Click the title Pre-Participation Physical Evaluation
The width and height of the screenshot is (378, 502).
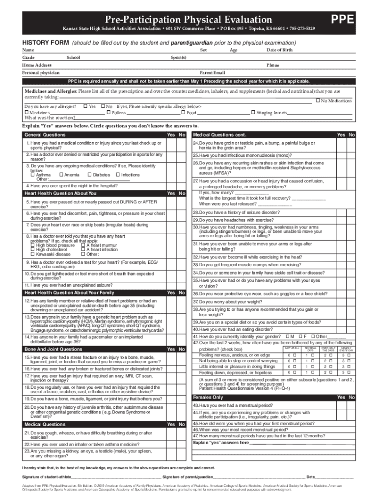point(192,20)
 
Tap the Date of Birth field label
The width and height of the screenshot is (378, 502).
point(279,50)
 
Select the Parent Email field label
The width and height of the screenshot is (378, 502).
point(213,73)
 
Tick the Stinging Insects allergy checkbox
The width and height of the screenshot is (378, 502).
point(253,113)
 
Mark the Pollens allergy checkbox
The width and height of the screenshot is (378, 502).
point(109,113)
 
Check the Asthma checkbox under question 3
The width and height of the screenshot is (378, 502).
point(32,175)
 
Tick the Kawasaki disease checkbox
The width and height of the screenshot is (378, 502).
point(32,254)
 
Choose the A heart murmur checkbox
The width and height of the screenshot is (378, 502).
point(82,245)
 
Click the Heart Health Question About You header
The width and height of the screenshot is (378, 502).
point(61,194)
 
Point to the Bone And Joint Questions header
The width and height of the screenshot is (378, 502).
point(54,349)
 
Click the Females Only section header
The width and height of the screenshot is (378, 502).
point(208,397)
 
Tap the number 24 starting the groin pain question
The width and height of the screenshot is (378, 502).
point(195,143)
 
